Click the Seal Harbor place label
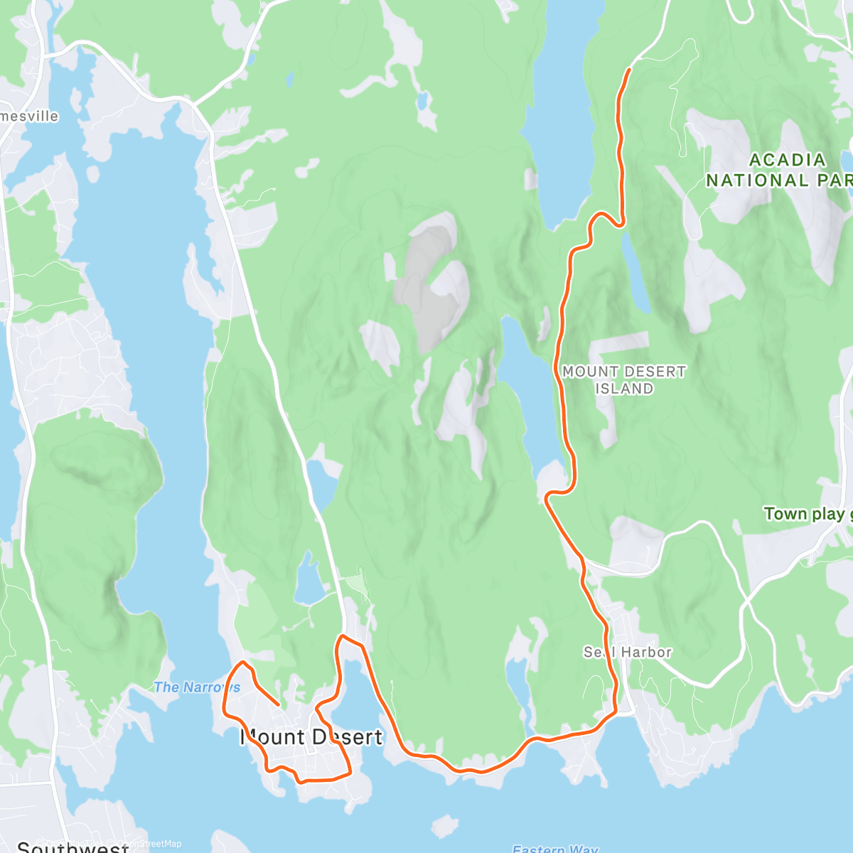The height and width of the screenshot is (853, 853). [628, 652]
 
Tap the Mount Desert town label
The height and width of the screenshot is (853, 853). [311, 737]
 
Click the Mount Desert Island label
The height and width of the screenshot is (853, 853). [624, 380]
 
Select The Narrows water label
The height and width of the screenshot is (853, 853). [197, 687]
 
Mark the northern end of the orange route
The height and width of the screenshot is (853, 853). [629, 70]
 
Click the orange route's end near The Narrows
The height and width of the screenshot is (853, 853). [277, 705]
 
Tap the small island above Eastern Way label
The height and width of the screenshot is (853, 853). [445, 827]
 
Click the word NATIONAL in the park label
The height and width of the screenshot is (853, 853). [756, 180]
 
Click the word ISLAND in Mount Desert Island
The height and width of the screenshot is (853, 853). [624, 388]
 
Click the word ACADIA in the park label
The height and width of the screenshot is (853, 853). [787, 160]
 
